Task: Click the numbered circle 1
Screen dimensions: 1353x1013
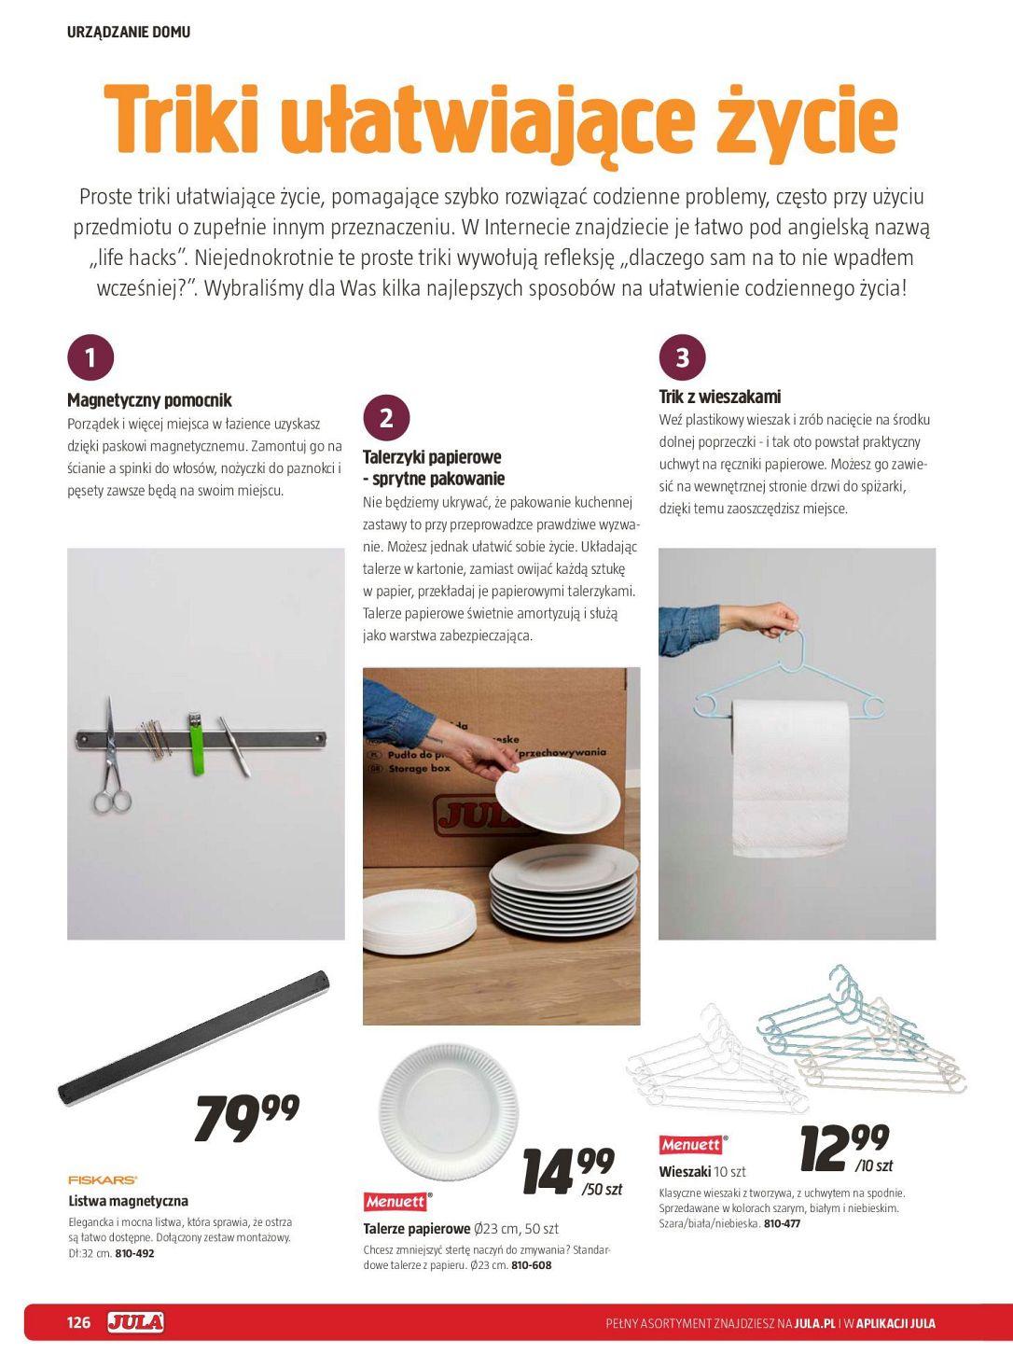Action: point(90,357)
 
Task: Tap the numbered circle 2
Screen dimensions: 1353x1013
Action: point(386,417)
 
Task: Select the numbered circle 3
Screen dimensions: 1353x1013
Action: point(682,357)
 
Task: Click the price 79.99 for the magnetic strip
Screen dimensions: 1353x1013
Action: point(247,1118)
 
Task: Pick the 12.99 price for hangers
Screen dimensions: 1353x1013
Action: point(845,1148)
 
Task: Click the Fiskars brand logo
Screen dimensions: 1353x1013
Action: point(103,1179)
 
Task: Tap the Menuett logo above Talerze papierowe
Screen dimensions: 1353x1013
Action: point(395,1201)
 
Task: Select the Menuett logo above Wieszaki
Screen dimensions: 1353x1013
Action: point(691,1144)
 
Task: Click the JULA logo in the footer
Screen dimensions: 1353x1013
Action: point(136,1322)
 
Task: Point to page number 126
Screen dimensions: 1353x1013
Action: point(79,1323)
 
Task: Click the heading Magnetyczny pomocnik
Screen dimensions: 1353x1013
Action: point(149,400)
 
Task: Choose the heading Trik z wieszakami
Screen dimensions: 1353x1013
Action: point(719,397)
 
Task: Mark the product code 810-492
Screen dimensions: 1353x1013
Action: point(134,1253)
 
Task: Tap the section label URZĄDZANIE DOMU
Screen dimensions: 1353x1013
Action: point(129,32)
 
